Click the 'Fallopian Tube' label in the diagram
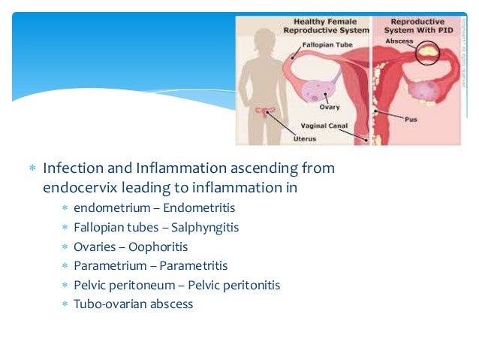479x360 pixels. click(327, 45)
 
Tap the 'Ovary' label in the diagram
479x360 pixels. click(330, 107)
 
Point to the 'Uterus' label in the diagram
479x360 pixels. click(304, 138)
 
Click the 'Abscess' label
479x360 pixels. click(399, 41)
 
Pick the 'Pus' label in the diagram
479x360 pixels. click(411, 119)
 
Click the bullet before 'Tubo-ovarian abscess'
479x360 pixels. click(65, 304)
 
